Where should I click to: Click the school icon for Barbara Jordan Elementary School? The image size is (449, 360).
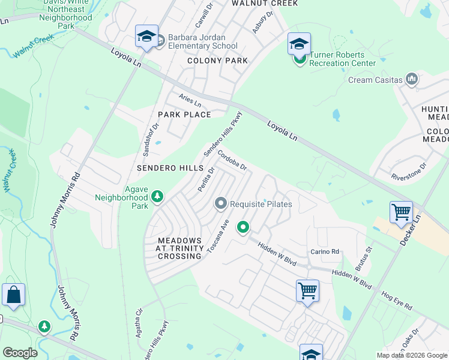coord(146,37)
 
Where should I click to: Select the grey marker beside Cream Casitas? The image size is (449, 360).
coord(412,79)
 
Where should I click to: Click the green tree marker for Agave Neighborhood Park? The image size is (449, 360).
coord(157,197)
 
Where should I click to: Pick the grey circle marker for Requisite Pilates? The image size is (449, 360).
coord(220,204)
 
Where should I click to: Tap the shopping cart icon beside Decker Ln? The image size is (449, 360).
coord(401,212)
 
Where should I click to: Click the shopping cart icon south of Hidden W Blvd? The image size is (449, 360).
coord(307,291)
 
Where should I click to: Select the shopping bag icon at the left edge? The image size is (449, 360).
coord(13,295)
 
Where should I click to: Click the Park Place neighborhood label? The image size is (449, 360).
coord(184,115)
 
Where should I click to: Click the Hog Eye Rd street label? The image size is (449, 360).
coord(397,301)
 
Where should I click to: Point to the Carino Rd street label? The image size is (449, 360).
coord(325,251)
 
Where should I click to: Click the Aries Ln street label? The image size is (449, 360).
coord(190,100)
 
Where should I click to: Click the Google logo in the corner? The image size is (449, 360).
coord(20,353)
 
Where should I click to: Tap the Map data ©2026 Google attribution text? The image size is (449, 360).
coord(411,355)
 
